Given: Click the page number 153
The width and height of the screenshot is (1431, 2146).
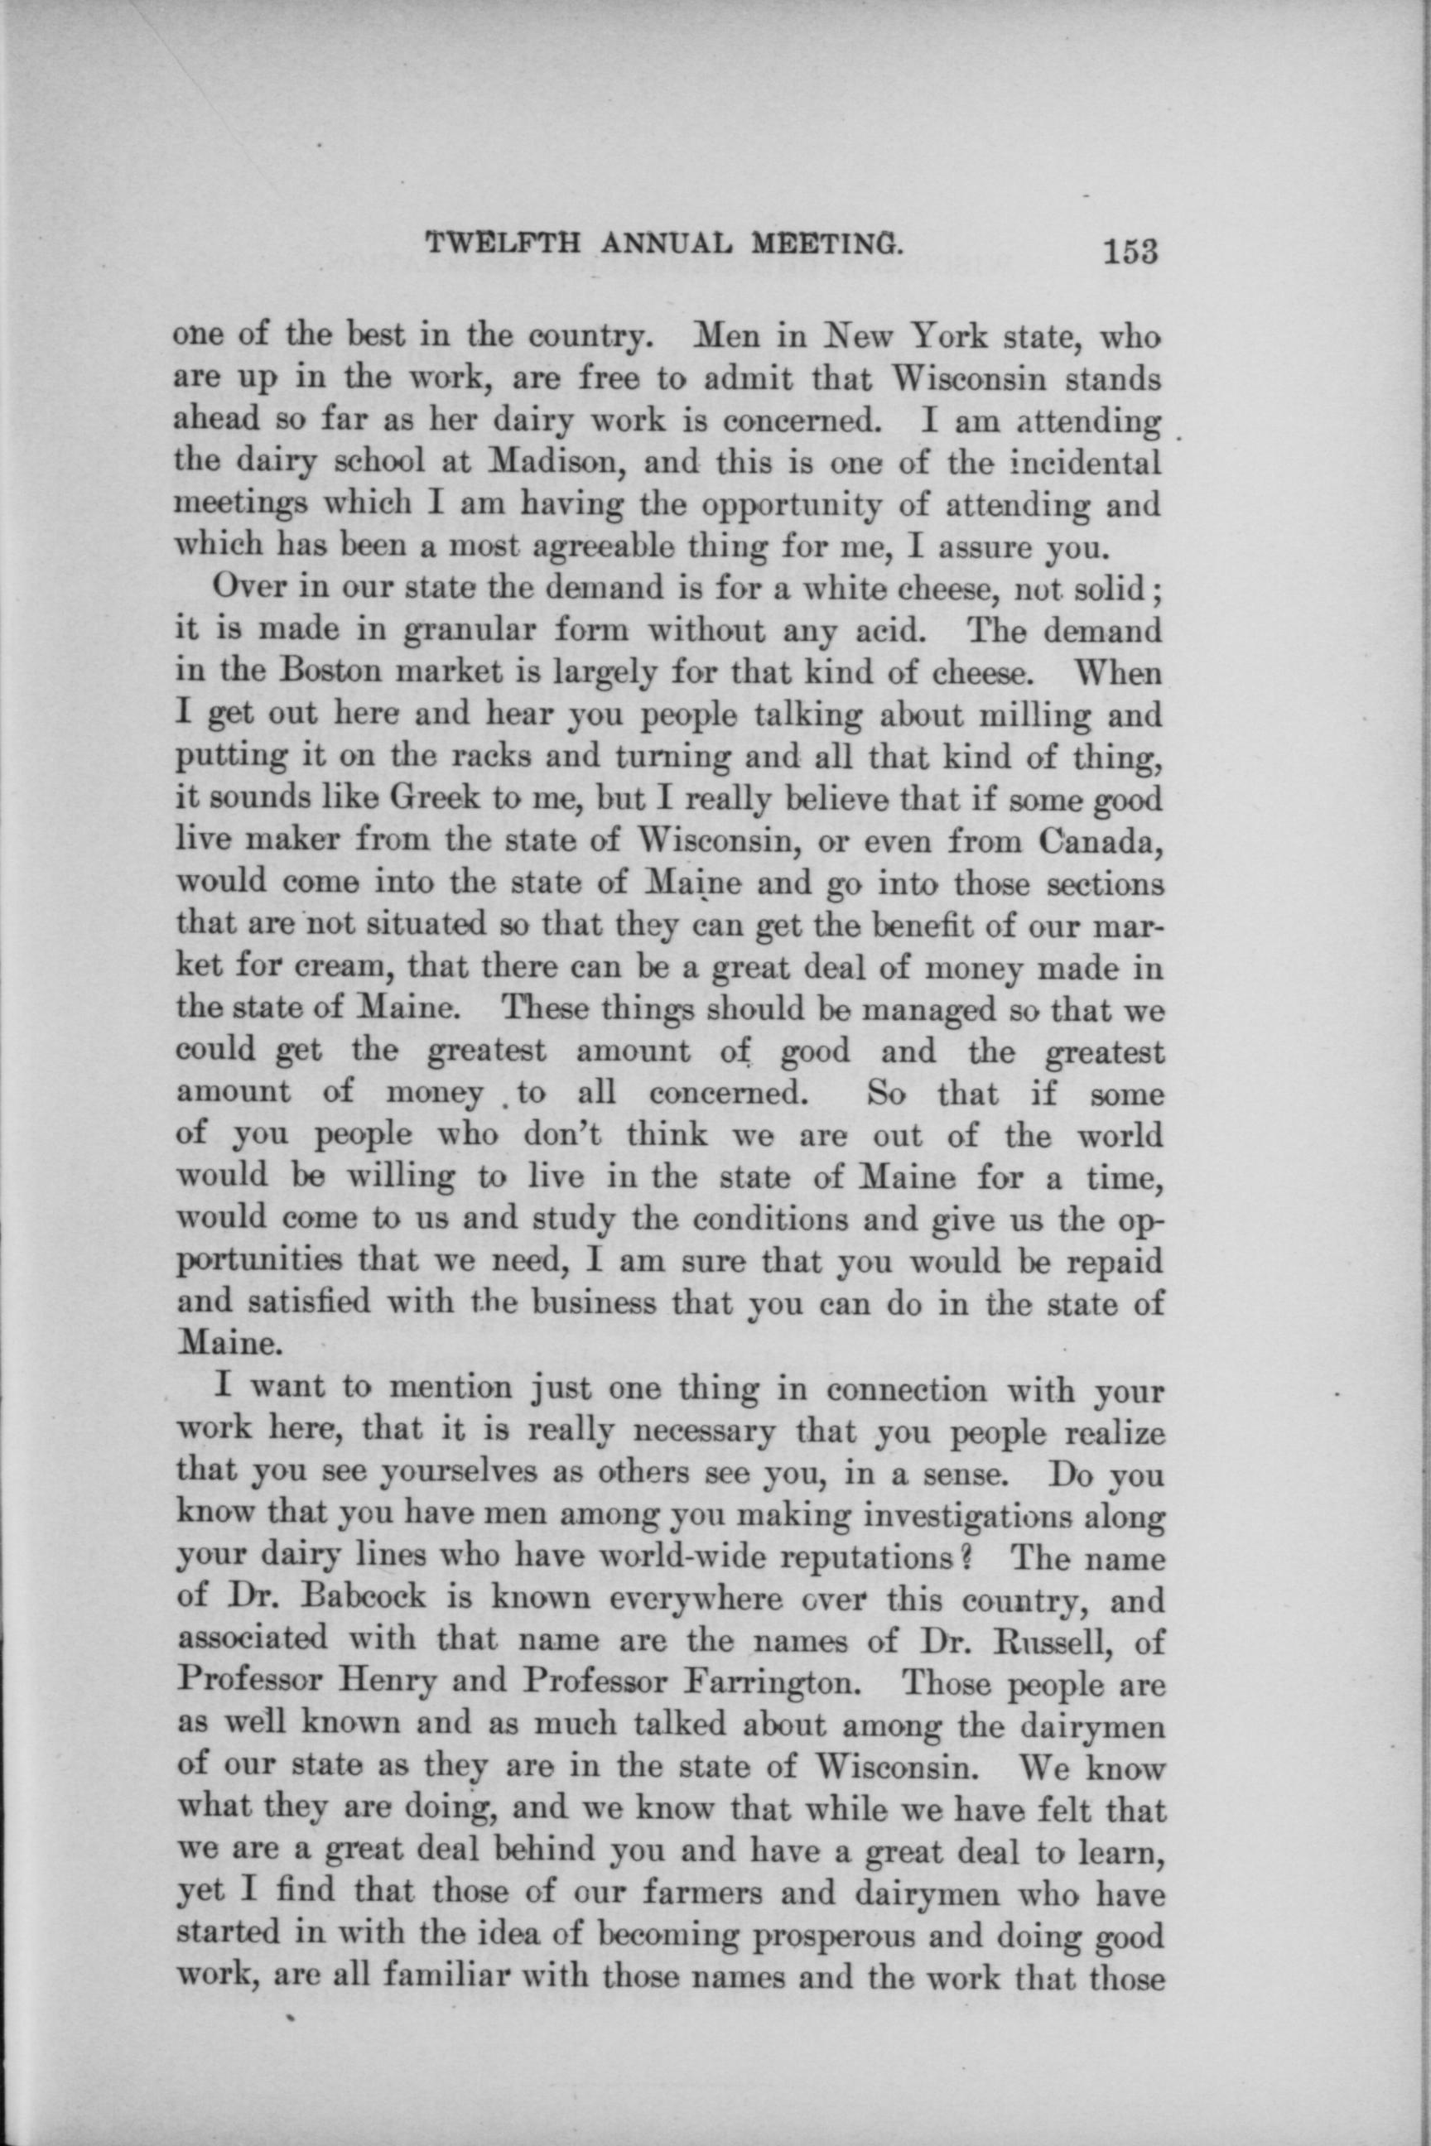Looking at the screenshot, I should click(1130, 249).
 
